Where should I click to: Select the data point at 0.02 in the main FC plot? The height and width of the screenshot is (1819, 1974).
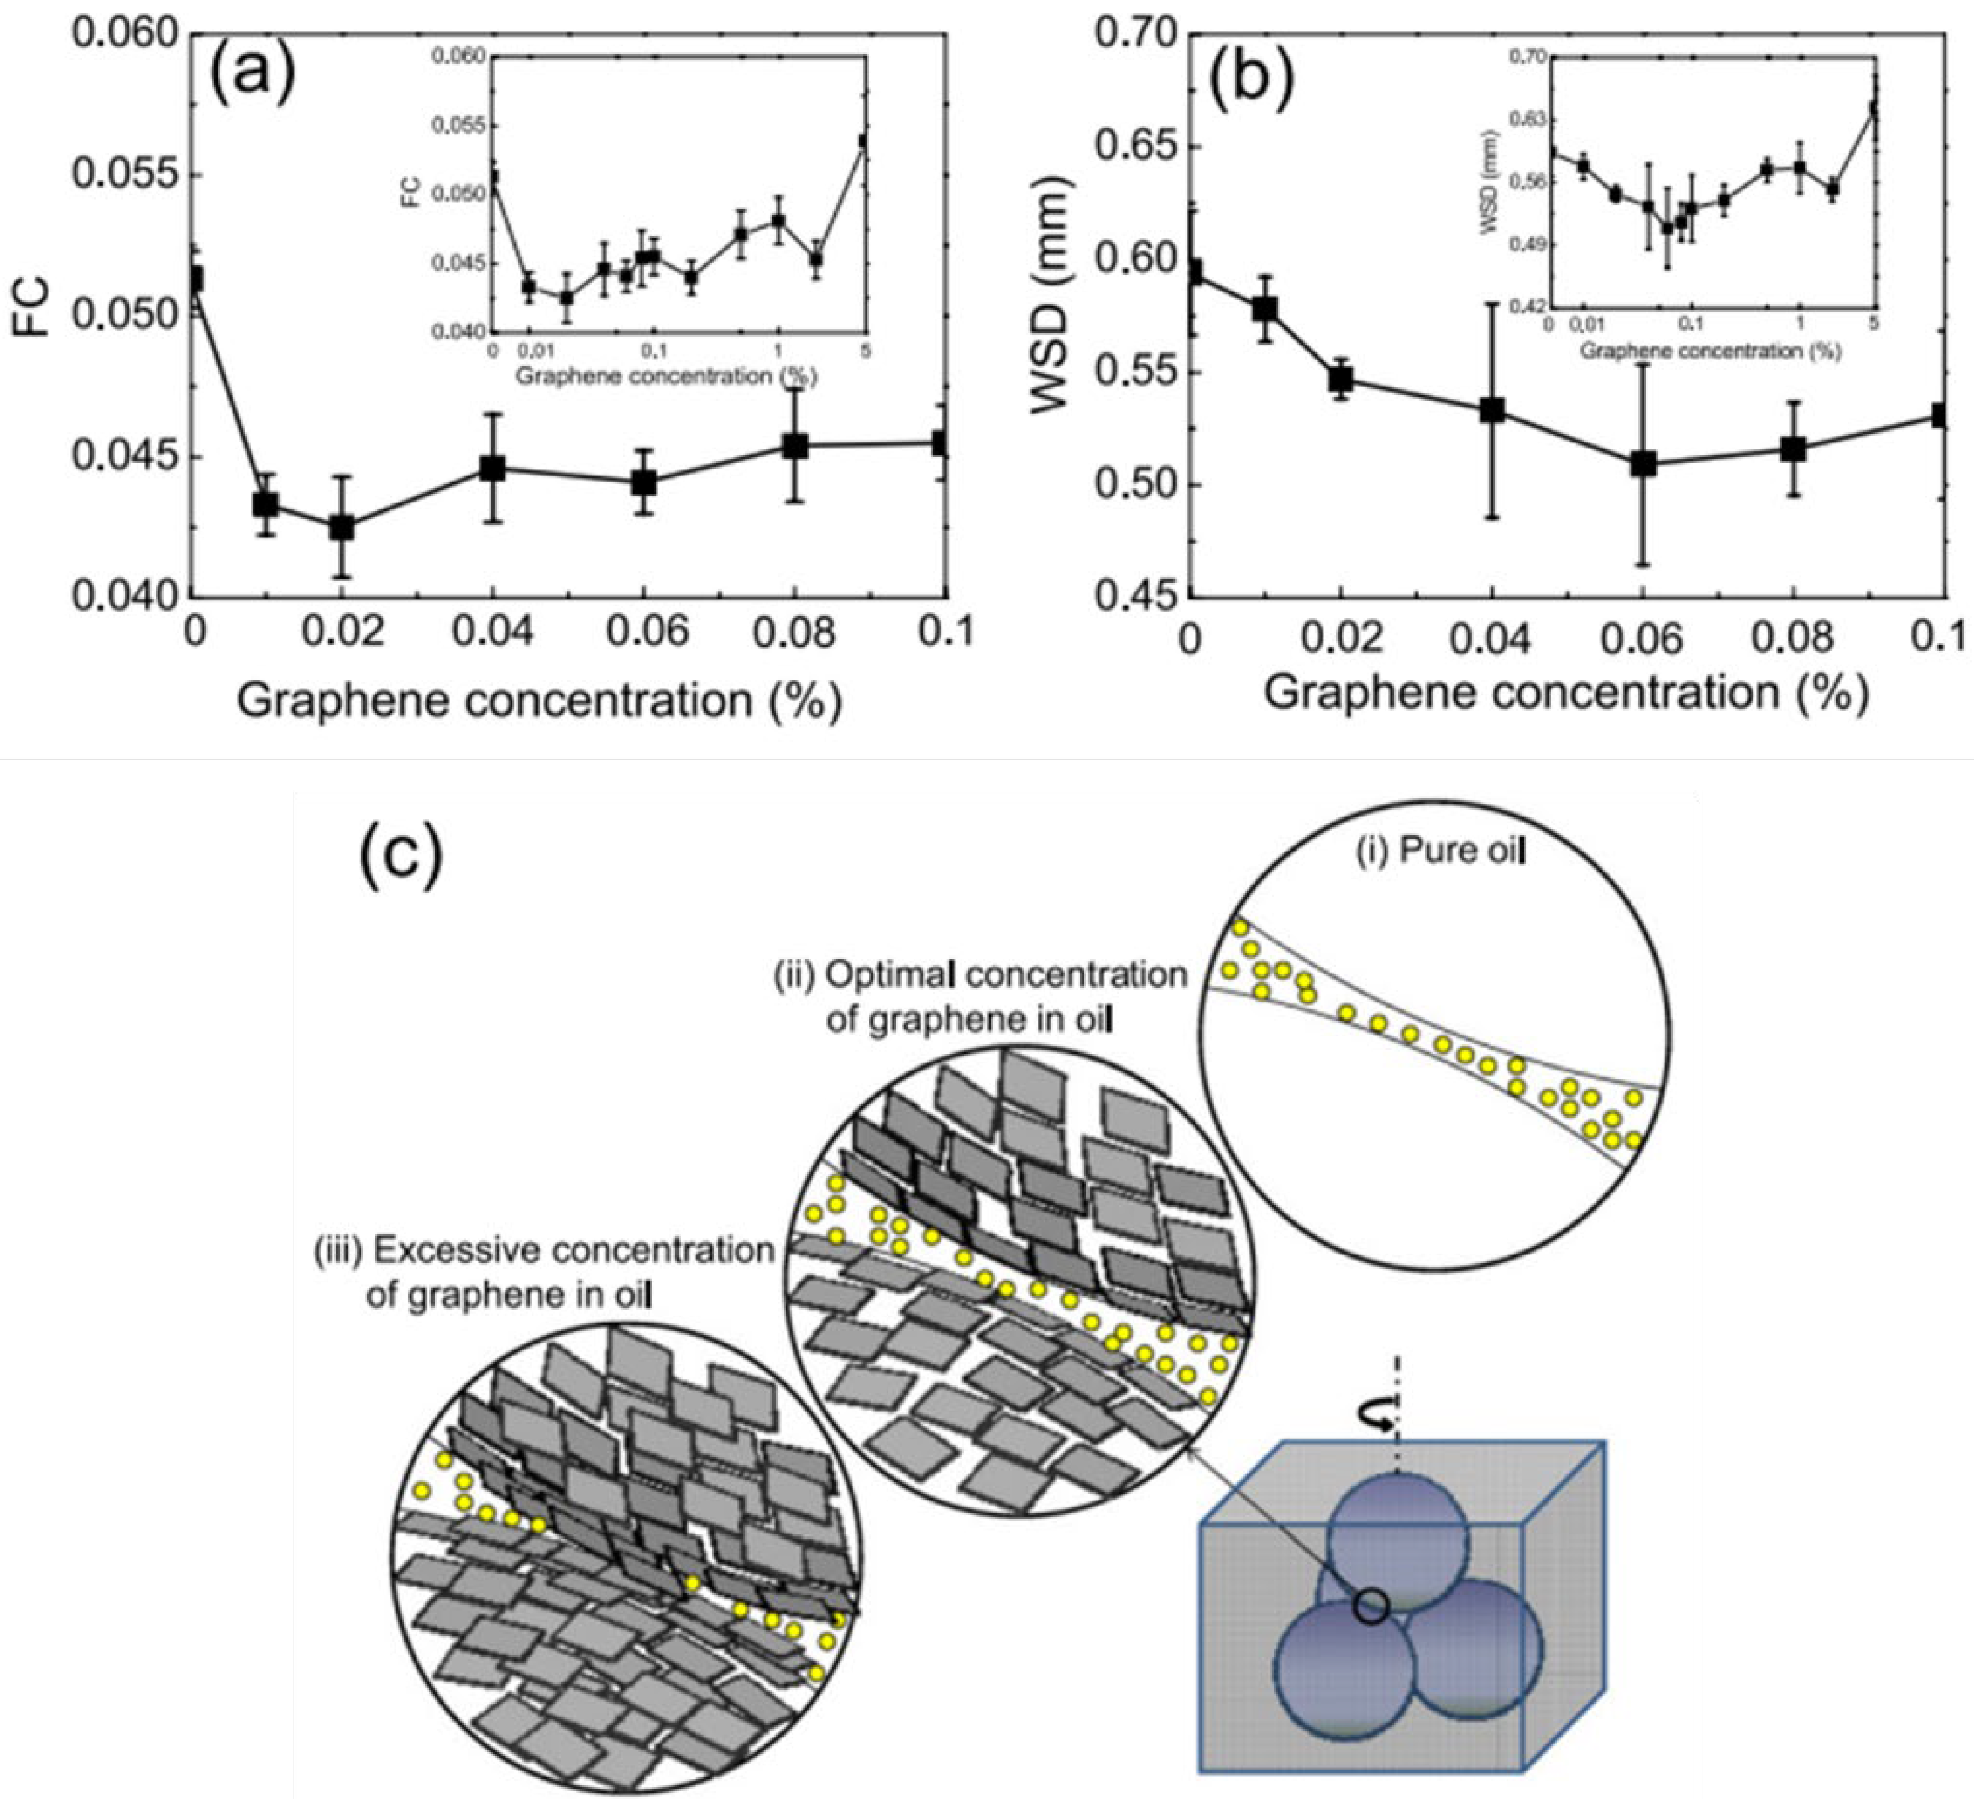[342, 526]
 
